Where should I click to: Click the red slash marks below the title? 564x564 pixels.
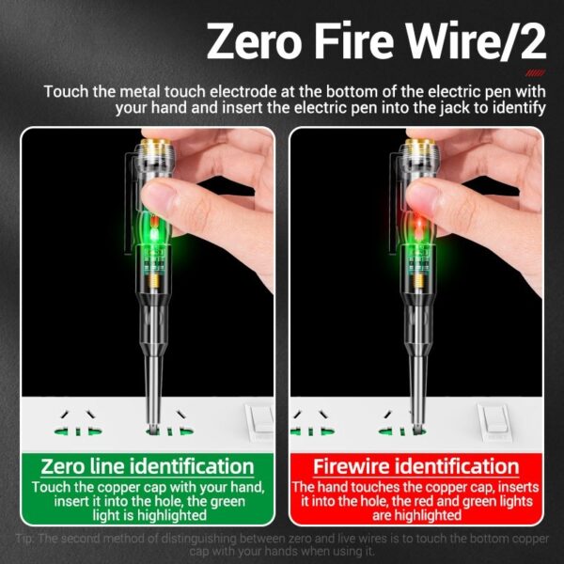tap(534, 72)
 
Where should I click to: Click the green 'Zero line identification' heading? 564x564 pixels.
tap(148, 466)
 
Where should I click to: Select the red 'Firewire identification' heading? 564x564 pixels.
tap(415, 466)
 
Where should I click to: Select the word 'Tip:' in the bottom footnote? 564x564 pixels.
tap(27, 539)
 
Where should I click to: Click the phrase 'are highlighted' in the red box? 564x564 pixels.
tap(415, 516)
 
